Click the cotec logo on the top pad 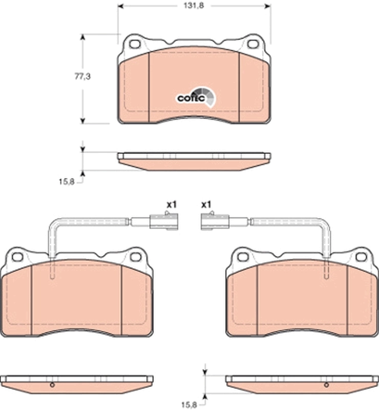193,97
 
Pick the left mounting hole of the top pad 135,44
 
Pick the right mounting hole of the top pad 252,44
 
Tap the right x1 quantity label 206,204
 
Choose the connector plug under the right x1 214,221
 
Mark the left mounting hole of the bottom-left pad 15,257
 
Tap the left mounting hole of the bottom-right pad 243,257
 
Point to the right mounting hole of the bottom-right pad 362,257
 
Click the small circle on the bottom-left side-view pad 51,385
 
